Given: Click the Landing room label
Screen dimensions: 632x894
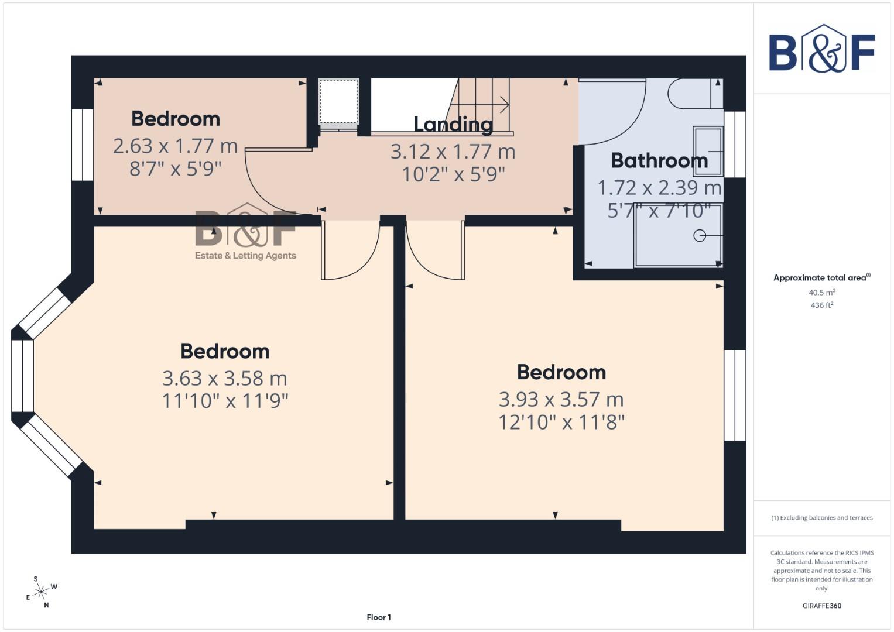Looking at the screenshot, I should tap(453, 124).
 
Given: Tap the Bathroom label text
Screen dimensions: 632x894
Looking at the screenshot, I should tap(659, 160).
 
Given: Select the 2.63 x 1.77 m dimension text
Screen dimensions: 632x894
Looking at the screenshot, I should tap(175, 146).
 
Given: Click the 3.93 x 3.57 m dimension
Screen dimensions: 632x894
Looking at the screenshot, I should tap(561, 400).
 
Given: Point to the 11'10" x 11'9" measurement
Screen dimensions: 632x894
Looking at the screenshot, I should tap(225, 401).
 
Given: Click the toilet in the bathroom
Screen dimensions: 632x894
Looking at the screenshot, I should tap(694, 94).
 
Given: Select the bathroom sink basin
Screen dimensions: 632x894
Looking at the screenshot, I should tap(708, 151).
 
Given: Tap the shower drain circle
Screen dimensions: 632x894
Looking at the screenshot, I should tap(699, 236).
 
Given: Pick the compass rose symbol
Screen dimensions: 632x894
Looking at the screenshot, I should tap(40, 592).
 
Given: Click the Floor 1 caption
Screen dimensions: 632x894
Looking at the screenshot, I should tap(379, 617).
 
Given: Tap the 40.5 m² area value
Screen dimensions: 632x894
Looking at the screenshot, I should tap(821, 293).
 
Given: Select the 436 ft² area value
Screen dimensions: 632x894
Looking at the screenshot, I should tap(821, 305).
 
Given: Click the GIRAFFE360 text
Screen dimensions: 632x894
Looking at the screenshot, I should tap(821, 606).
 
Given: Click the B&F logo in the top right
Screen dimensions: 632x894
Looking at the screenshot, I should tap(821, 49).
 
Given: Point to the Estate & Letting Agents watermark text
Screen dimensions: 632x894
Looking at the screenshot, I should tap(245, 256).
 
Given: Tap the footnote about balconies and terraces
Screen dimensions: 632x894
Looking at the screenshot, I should tap(821, 518).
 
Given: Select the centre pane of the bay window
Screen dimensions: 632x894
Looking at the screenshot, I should tap(22, 376).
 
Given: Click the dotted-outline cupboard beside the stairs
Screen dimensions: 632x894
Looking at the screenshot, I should tap(338, 101).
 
